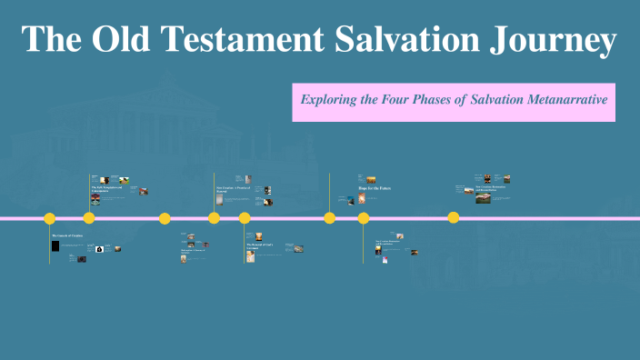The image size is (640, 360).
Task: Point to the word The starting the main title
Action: pos(53,40)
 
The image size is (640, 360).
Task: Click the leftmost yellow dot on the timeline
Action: pos(50,218)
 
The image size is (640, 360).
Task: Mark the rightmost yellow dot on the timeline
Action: pos(454,218)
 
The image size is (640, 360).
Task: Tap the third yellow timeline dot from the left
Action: pos(165,218)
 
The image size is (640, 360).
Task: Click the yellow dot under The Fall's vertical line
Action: pos(89,218)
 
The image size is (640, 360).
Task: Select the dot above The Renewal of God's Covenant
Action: pos(245,218)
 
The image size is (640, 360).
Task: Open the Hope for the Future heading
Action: pos(374,187)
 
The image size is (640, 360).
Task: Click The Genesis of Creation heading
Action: pos(66,235)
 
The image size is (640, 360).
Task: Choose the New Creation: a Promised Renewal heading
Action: pos(231,190)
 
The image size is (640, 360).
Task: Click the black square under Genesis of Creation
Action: pos(56,246)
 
